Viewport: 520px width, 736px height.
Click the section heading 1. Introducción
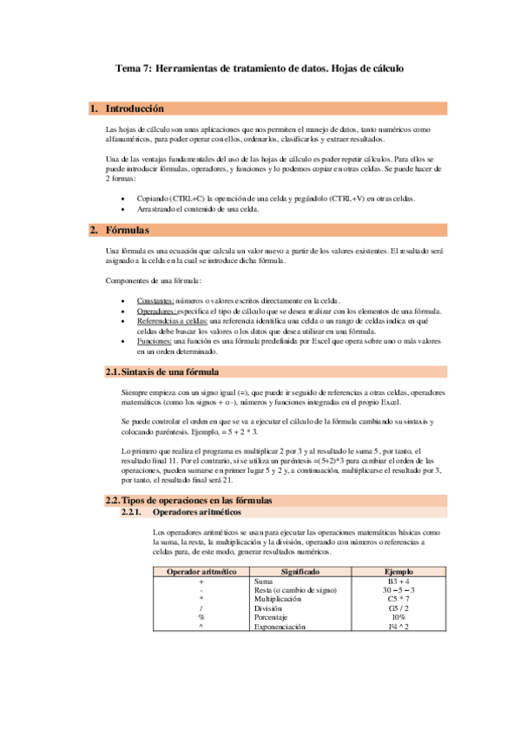134,109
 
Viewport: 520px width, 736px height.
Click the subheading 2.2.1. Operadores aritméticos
194,513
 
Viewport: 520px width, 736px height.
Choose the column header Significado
300,572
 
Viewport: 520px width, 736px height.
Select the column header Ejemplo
398,572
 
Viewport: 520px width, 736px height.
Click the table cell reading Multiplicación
277,599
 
